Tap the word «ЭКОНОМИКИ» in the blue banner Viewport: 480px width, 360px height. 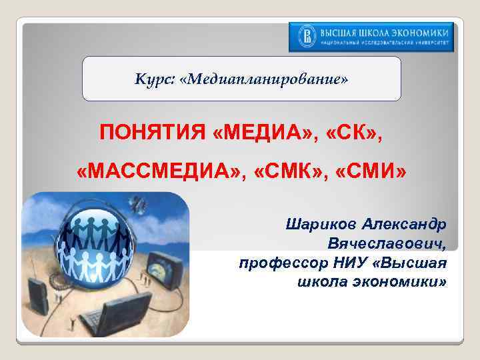click(x=419, y=32)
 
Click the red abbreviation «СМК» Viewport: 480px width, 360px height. click(x=288, y=173)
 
